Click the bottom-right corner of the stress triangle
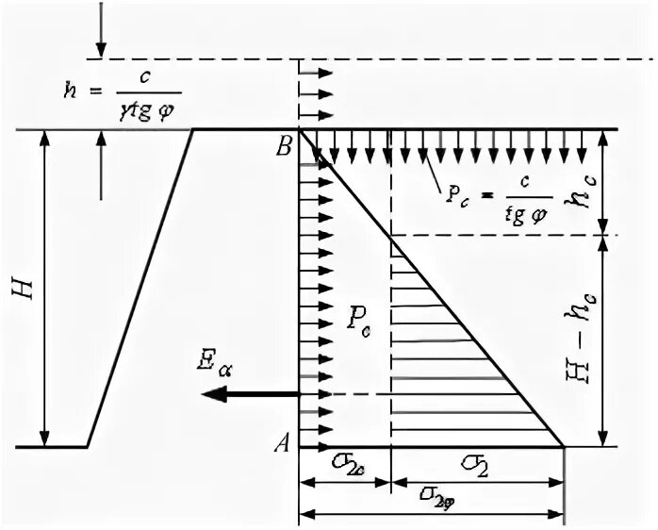tap(564, 446)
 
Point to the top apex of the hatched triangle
tap(391, 237)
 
